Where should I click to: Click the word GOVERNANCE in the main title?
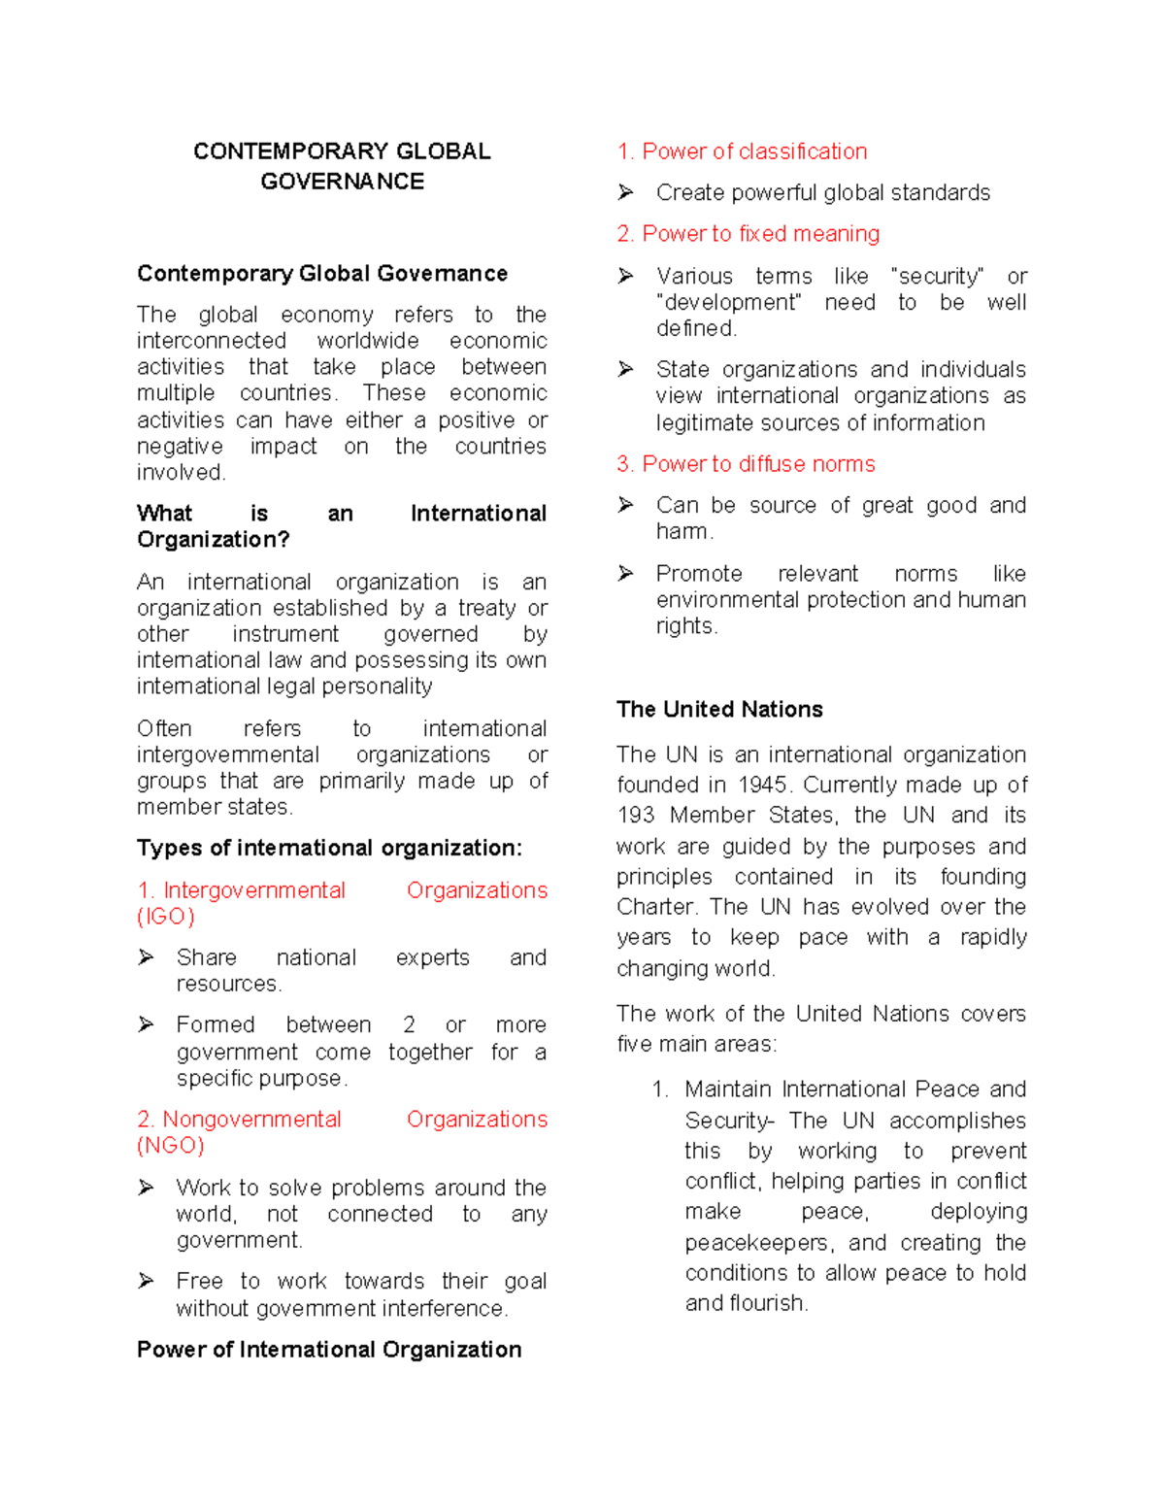[342, 182]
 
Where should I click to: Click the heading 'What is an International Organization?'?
[341, 525]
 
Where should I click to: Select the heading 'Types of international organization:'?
[329, 848]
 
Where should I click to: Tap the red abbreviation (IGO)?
[166, 917]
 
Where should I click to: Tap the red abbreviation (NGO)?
[171, 1145]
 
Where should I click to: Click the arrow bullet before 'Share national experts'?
[147, 957]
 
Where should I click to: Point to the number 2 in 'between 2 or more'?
[409, 1024]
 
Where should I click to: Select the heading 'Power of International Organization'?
[329, 1349]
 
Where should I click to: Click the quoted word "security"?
[938, 276]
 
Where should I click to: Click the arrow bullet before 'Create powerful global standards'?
[626, 192]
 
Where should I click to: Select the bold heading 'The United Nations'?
[719, 709]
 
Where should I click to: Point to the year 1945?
[761, 785]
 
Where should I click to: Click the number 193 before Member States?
[636, 815]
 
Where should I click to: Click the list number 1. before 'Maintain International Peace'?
[660, 1089]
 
